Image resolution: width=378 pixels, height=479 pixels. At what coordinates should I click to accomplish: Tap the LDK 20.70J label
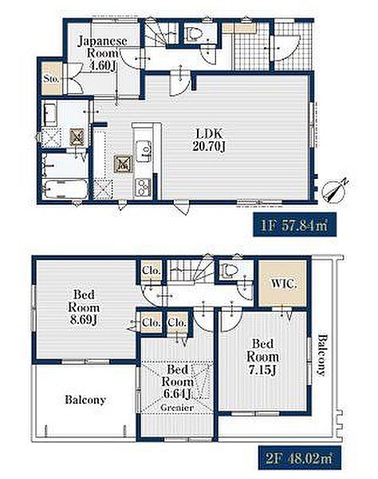pos(209,141)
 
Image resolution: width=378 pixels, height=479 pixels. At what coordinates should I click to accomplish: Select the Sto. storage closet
pos(51,78)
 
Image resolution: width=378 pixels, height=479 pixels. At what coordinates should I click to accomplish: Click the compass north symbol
pos(335,190)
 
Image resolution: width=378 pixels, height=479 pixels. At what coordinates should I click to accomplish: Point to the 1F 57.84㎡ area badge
pos(295,225)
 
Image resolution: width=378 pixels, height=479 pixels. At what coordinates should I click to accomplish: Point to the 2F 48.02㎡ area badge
pos(300,458)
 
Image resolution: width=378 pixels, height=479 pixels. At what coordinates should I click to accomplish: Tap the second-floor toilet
pos(229,271)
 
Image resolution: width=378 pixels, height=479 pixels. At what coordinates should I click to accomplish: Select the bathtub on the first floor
pos(65,189)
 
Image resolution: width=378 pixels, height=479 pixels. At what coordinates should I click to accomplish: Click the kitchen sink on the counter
pos(144,151)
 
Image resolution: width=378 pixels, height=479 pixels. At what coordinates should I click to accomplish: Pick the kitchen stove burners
pos(143,186)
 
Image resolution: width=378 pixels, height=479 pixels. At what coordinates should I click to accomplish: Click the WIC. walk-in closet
pos(282,283)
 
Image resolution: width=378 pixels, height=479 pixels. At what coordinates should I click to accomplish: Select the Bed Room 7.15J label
pos(262,357)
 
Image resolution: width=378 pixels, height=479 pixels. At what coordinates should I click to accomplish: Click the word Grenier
pos(177,407)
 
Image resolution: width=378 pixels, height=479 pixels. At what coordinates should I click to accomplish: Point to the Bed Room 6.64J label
pos(178,382)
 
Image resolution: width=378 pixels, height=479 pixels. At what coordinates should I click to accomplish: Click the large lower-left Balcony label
pos(85,400)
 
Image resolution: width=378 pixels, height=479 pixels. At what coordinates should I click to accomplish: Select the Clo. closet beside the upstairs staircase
pos(152,271)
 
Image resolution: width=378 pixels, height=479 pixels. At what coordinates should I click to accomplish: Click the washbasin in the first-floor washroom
pos(50,115)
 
